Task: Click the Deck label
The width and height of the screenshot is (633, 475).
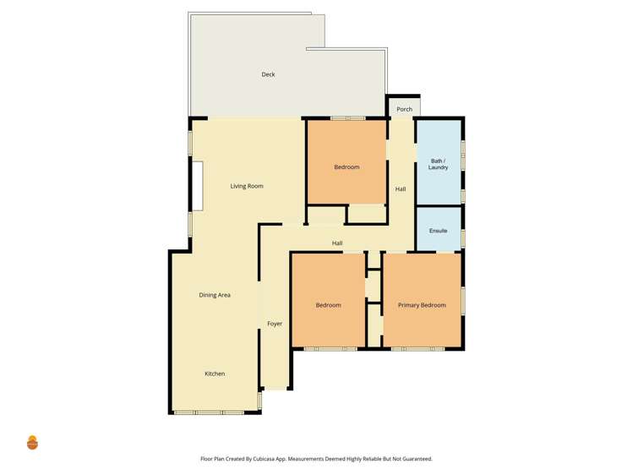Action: [268, 74]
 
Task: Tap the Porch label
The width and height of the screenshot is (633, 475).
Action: [404, 109]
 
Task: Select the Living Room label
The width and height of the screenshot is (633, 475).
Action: [247, 186]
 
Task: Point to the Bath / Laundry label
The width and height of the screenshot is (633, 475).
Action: [438, 164]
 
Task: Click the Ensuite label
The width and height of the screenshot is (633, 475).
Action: [438, 231]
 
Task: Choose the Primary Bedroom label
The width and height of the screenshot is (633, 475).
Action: [422, 305]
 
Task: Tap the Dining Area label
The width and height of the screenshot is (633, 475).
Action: [215, 295]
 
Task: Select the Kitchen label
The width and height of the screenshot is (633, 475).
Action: [215, 374]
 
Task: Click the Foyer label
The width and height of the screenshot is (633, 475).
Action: [275, 324]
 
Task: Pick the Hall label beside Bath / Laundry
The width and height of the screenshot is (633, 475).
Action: [401, 189]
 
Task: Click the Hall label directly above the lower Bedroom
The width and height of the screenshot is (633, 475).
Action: [337, 243]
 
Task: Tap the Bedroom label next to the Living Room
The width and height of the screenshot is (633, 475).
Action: [347, 167]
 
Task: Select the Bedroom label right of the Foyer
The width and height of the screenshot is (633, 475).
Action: [328, 305]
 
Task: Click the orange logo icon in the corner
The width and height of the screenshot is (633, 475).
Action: [32, 442]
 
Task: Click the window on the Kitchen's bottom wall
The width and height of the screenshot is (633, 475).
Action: [209, 412]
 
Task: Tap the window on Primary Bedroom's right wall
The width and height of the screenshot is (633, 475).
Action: [463, 301]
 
